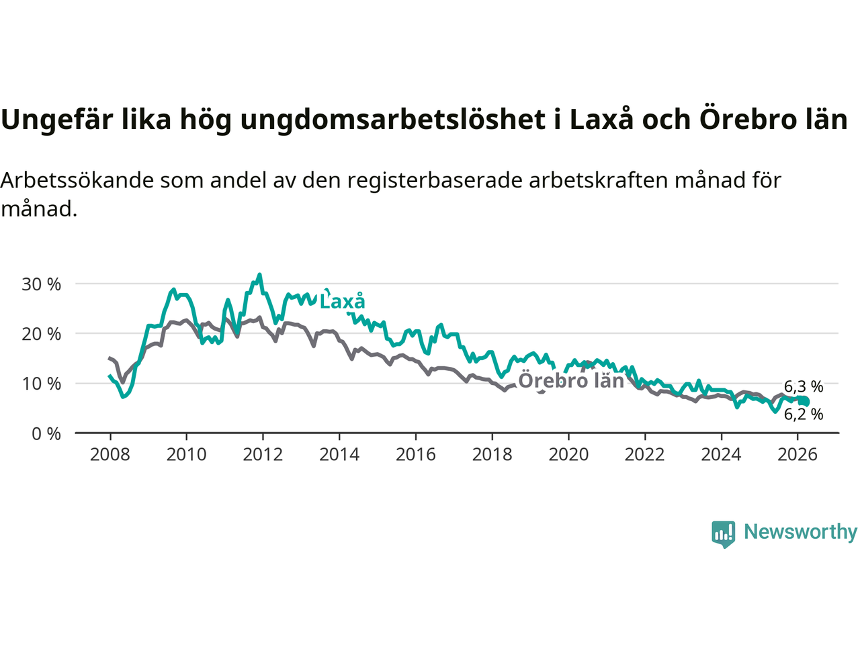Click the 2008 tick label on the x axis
click(x=110, y=455)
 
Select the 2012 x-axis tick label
click(x=263, y=455)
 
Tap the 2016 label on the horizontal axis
click(x=415, y=455)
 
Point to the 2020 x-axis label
click(x=568, y=455)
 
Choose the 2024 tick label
click(x=721, y=455)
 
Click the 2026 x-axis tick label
click(x=798, y=455)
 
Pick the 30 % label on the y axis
click(x=41, y=284)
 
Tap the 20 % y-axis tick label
click(x=41, y=334)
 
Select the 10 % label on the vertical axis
click(x=41, y=384)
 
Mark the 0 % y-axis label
click(x=46, y=434)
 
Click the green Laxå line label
click(x=342, y=302)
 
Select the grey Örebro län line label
click(x=571, y=381)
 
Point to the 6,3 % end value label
click(x=804, y=387)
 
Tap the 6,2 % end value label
click(x=804, y=415)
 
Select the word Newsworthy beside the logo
click(x=800, y=532)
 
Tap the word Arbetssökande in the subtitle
click(x=77, y=181)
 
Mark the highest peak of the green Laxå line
click(x=259, y=275)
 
